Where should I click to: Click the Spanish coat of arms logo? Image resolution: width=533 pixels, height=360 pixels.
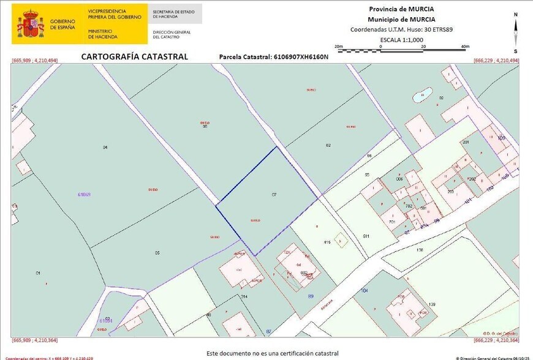(x=30, y=23)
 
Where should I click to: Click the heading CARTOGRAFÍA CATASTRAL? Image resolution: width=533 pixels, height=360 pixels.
(x=135, y=57)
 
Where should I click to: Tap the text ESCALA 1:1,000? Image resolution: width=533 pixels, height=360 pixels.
(x=401, y=40)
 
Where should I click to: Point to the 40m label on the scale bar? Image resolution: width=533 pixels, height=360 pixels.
(x=465, y=47)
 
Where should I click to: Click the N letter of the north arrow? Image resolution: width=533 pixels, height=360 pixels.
(x=516, y=15)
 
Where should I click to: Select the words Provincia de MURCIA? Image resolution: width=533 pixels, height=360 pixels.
(x=401, y=9)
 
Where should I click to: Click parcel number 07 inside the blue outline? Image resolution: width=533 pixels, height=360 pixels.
(x=274, y=194)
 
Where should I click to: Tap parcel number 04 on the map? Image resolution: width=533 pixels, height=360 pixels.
(x=105, y=148)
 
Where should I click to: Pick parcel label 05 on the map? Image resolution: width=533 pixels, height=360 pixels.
(x=157, y=253)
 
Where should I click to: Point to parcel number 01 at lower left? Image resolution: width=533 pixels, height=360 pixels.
(x=38, y=272)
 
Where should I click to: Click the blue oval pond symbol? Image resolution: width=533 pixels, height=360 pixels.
(x=422, y=96)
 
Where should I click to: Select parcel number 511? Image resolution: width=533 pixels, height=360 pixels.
(x=366, y=236)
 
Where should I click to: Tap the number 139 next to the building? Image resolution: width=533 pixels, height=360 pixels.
(x=431, y=304)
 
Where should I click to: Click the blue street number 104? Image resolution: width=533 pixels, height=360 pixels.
(x=365, y=290)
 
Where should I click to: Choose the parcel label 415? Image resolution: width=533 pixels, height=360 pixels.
(x=327, y=242)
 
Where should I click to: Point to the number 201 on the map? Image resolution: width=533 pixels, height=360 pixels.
(x=466, y=142)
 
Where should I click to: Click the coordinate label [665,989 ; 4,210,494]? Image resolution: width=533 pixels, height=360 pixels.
(x=34, y=61)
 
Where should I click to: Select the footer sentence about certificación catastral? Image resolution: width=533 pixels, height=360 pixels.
(x=272, y=353)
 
